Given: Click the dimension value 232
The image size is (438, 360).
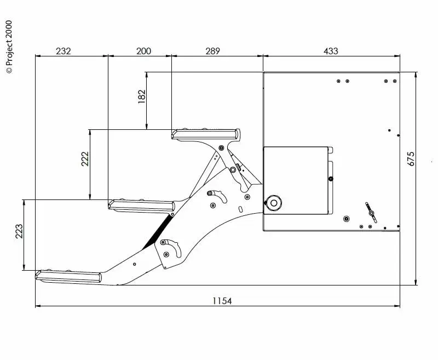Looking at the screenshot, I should (x=64, y=51).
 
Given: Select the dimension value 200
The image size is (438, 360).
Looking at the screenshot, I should (x=143, y=51).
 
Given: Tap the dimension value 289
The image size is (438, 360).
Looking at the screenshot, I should (x=212, y=51).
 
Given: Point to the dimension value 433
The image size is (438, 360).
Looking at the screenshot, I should (x=331, y=51).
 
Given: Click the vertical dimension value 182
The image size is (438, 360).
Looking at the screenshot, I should (x=142, y=96).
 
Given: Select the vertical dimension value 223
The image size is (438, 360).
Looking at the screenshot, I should (x=19, y=231).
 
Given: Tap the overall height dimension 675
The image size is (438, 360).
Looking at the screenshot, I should (x=412, y=159).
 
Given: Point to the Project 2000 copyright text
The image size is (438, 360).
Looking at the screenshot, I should (x=8, y=47).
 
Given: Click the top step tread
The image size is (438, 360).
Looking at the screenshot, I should (x=206, y=134).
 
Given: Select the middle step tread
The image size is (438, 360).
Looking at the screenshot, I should (x=142, y=205).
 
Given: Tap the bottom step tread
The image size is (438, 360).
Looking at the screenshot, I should (x=69, y=276).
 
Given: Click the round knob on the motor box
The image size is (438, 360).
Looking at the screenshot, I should (x=273, y=203).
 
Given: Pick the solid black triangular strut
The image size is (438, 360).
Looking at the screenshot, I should (x=158, y=233).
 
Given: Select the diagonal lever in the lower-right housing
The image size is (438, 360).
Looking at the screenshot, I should (x=371, y=212).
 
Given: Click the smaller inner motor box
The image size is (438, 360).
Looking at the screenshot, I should (x=296, y=180).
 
